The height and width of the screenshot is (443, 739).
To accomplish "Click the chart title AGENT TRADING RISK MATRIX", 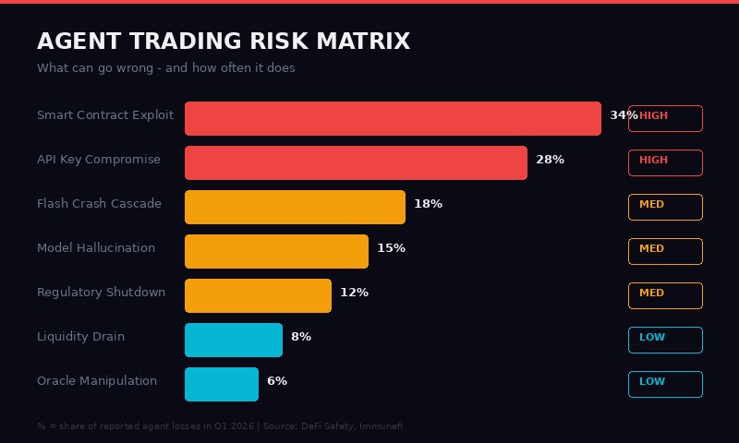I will click(224, 42).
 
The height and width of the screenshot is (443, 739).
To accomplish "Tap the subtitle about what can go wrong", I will click(166, 68).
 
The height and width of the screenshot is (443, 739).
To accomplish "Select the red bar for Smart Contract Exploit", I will click(393, 118).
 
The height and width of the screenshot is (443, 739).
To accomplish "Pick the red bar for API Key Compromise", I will click(356, 162).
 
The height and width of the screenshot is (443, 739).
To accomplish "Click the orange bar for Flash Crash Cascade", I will click(295, 207).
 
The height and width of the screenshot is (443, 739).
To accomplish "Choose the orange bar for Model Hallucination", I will click(276, 251).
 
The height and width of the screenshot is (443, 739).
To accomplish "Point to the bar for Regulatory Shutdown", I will click(258, 295).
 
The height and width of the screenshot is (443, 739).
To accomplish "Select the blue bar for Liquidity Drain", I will click(234, 340).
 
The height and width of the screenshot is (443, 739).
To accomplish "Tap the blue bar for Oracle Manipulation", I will click(222, 384).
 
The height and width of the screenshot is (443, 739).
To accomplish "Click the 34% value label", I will click(623, 115).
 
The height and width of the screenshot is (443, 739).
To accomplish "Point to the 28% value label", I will click(550, 160).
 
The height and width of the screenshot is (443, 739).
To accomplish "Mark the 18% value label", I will click(428, 204).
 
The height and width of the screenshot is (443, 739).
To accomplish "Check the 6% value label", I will click(277, 381).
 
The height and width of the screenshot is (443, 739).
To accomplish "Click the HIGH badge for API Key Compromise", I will click(665, 162).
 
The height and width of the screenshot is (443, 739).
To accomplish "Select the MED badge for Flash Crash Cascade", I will click(665, 207).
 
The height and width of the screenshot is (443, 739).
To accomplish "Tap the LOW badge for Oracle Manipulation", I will click(665, 384).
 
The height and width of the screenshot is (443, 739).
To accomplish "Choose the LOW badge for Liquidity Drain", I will click(665, 340).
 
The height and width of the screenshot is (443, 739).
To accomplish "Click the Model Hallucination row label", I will click(96, 248).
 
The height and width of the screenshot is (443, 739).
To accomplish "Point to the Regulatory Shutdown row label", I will click(101, 293).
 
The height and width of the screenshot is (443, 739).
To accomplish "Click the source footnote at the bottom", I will click(220, 426).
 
